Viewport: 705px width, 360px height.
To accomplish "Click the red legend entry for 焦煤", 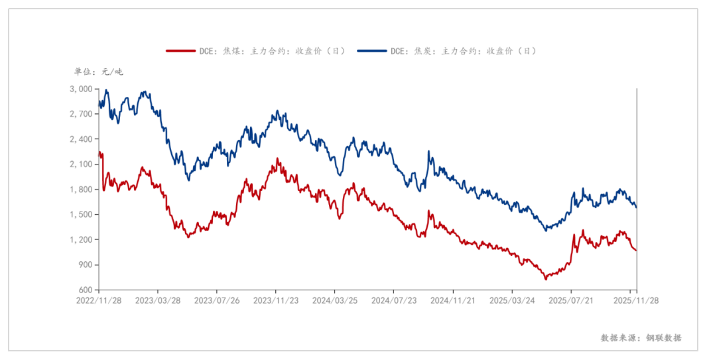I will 255,50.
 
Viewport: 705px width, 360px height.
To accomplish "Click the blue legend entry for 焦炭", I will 446,50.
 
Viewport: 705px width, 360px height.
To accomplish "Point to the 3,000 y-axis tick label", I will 82,89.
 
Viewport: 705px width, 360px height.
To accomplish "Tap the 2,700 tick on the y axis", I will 82,114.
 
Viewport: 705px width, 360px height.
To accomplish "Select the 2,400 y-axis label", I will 82,139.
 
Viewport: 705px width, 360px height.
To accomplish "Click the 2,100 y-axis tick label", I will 82,164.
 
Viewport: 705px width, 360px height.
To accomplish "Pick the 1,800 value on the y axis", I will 82,190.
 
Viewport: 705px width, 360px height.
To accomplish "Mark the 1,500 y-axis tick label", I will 82,215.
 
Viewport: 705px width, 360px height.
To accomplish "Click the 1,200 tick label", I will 82,240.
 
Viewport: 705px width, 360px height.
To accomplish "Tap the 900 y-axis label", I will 85,265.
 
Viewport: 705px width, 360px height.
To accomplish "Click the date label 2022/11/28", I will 99,300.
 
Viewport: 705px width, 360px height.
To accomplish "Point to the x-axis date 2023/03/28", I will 157,300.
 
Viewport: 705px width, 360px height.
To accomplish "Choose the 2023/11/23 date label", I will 275,300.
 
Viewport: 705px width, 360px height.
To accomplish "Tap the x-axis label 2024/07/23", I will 393,300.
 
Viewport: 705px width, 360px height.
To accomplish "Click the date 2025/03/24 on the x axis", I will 511,300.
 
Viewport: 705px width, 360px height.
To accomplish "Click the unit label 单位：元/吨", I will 98,72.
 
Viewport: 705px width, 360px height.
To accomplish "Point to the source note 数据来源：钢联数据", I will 641,337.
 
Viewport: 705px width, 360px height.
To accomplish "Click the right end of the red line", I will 636,251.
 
